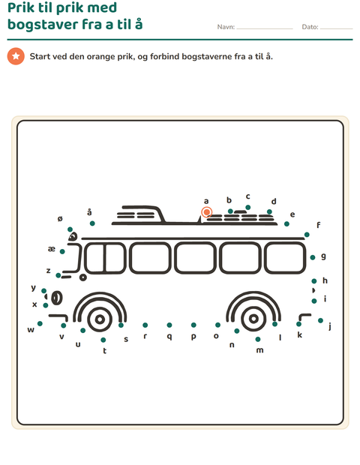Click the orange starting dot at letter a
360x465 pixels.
pyautogui.click(x=207, y=212)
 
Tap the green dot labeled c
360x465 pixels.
pyautogui.click(x=248, y=207)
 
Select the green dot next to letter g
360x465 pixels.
pyautogui.click(x=313, y=257)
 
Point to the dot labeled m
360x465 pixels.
pyautogui.click(x=258, y=339)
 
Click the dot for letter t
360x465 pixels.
pyautogui.click(x=103, y=340)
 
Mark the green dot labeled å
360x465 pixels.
pyautogui.click(x=92, y=223)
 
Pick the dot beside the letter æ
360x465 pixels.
pyautogui.click(x=62, y=251)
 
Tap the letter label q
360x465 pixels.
pyautogui.click(x=169, y=336)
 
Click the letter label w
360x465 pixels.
pyautogui.click(x=31, y=330)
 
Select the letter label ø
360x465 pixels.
pyautogui.click(x=60, y=219)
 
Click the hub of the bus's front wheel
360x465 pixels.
pyautogui.click(x=100, y=319)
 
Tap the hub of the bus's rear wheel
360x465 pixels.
pyautogui.click(x=253, y=319)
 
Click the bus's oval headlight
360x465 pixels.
pyautogui.click(x=57, y=298)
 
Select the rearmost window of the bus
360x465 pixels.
pyautogui.click(x=285, y=257)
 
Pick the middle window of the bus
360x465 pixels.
pyautogui.click(x=195, y=257)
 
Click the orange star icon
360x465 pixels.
pyautogui.click(x=16, y=56)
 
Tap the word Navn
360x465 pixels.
pyautogui.click(x=225, y=27)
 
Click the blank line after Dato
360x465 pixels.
pyautogui.click(x=336, y=28)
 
